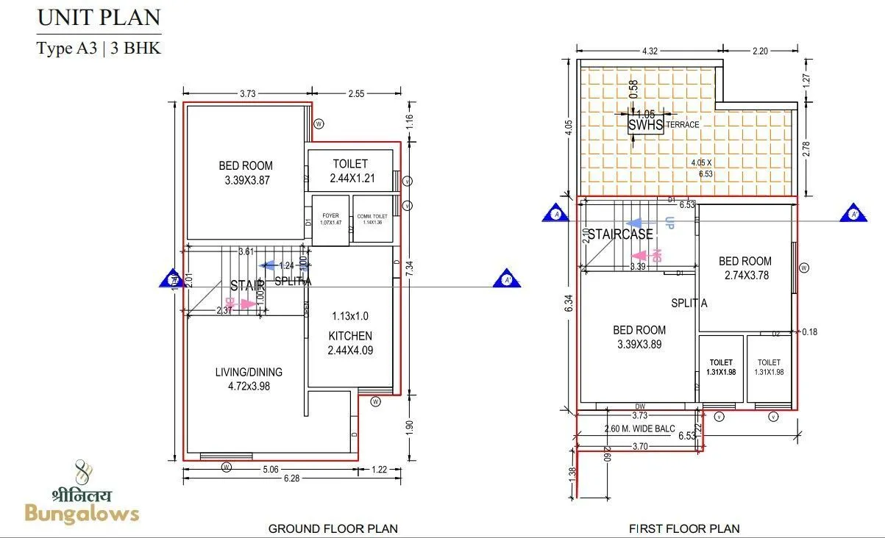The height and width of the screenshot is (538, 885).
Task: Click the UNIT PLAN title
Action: point(99,18)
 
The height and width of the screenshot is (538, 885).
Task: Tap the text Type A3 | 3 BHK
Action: point(99,49)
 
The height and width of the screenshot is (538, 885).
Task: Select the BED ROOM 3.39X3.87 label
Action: point(246,173)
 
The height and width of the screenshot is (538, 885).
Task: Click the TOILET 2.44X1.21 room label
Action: point(350,171)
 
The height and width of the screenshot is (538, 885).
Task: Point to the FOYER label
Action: point(331,218)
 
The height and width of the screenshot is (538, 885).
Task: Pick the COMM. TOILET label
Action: point(372,218)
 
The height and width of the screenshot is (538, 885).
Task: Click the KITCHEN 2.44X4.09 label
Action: point(350,343)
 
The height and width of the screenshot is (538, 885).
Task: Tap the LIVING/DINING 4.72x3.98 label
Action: point(249,379)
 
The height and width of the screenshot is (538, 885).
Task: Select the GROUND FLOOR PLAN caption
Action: point(333,528)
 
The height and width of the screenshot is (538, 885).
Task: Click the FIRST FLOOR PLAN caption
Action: point(684,528)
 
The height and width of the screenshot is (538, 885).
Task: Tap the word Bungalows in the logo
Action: point(82,513)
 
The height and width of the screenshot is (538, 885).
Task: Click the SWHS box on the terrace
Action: point(645,124)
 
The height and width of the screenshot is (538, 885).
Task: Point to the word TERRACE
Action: point(683,125)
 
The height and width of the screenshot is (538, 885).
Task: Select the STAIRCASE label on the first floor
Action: point(619,234)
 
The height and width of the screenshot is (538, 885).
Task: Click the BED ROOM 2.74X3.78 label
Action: point(745,268)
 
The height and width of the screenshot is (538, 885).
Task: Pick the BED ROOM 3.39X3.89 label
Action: point(639,337)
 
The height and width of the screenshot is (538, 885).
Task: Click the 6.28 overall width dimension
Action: point(291,478)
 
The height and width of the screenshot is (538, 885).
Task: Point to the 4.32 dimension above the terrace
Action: point(650,51)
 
